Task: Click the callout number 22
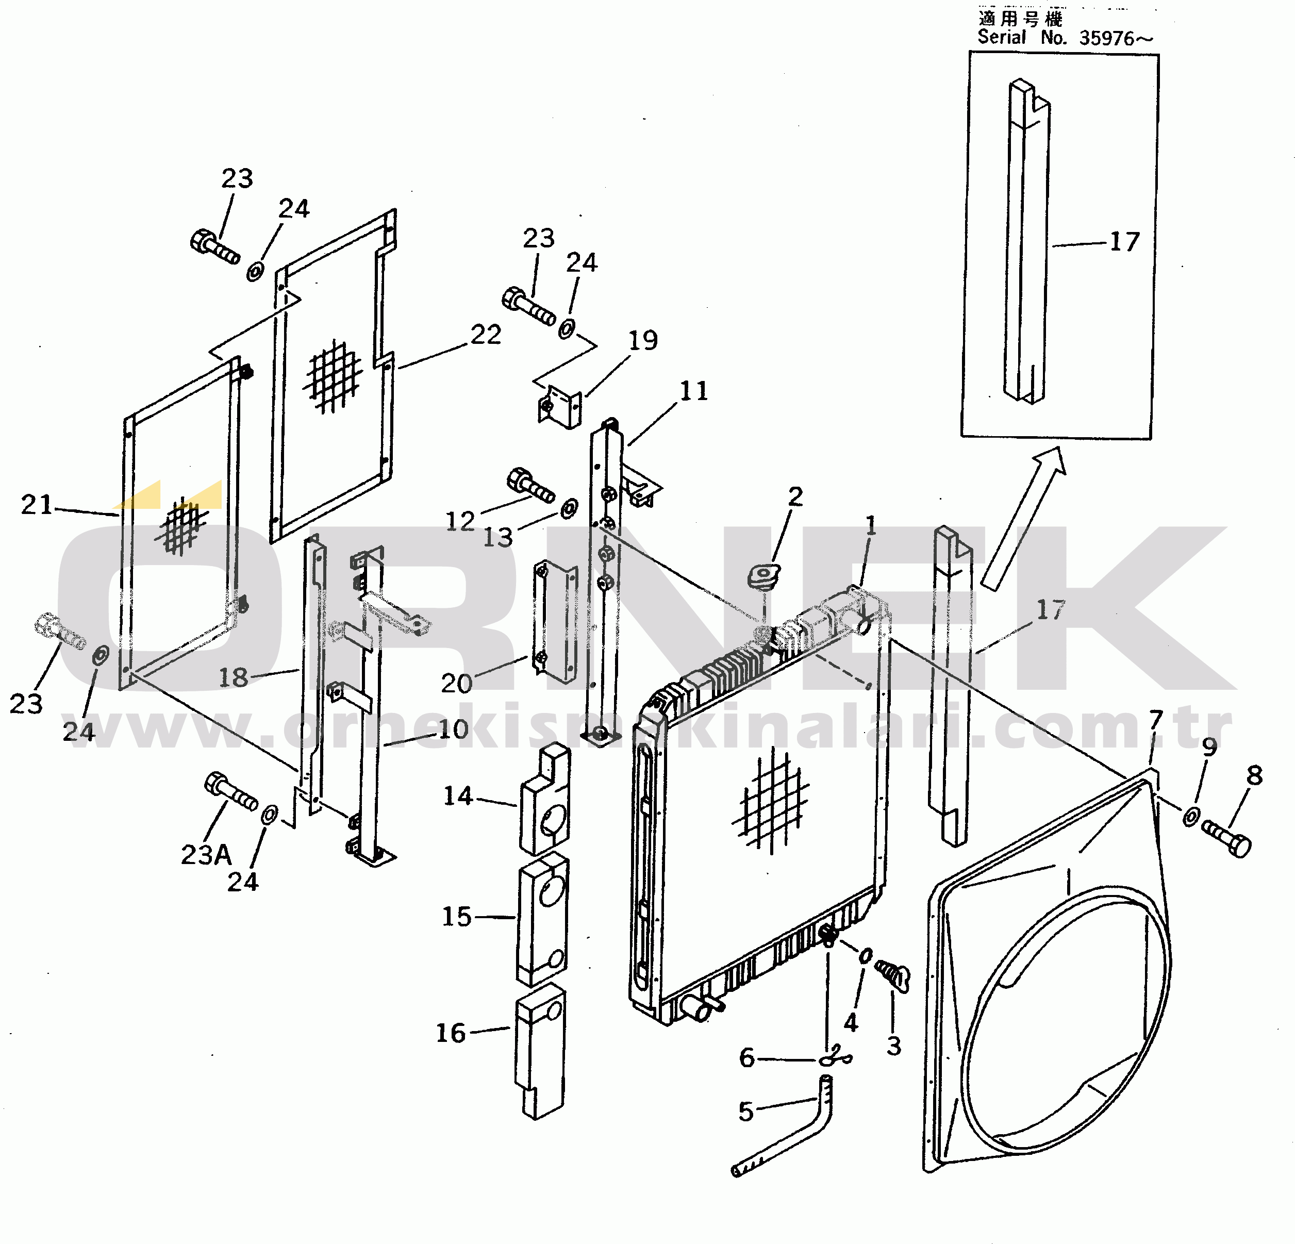[x=486, y=335]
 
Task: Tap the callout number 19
[x=643, y=340]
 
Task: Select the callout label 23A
[x=206, y=855]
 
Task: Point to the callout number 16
[x=451, y=1033]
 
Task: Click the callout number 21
[x=36, y=505]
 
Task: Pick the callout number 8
[x=1255, y=775]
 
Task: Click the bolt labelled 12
[x=530, y=485]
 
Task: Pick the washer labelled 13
[x=569, y=509]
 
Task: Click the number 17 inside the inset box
[x=1124, y=242]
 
